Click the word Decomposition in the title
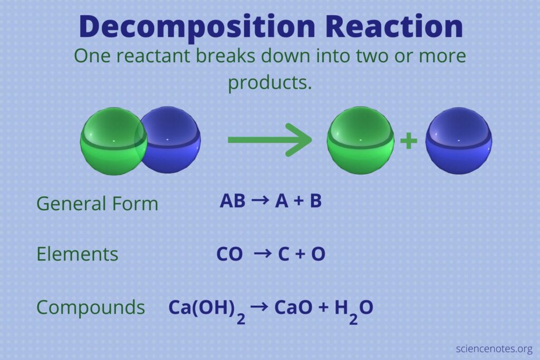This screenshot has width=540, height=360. pos(197,27)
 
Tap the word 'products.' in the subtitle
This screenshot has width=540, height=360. pos(270,83)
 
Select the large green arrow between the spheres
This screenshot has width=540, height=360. pos(269,140)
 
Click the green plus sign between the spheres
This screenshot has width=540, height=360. pos(409,141)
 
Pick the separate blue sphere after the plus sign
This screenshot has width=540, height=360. pos(459,140)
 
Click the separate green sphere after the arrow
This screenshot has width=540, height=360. pos(360,140)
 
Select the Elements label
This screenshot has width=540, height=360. pos(77,254)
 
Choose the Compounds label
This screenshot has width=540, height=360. pos(91,307)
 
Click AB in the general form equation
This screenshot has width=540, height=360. pos(233,201)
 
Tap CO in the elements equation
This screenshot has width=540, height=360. pos(229,254)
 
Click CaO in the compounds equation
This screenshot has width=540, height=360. pos(293,307)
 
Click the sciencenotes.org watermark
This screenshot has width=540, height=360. pos(494,348)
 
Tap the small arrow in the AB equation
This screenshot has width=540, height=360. pos(260,200)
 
